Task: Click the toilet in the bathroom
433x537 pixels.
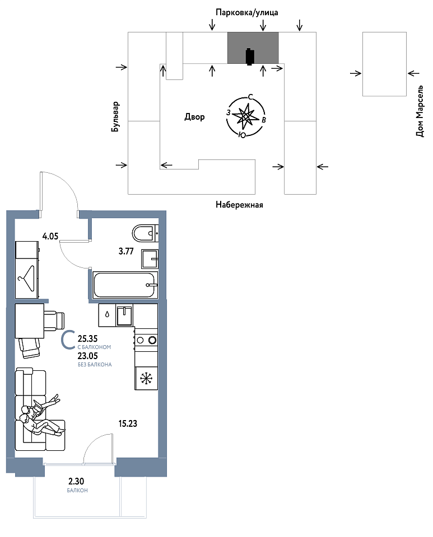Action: [145, 233]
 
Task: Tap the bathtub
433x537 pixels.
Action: [125, 285]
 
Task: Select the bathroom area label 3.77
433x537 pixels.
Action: [126, 251]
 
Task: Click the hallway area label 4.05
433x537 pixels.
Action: [50, 236]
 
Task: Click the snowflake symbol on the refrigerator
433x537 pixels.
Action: [146, 378]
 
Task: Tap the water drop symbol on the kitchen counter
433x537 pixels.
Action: [107, 314]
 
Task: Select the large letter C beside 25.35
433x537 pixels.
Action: [68, 340]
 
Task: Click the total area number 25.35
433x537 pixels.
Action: [88, 339]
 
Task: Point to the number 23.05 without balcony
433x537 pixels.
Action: [88, 356]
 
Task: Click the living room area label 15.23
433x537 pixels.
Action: [128, 423]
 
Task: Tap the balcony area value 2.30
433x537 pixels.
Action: [76, 482]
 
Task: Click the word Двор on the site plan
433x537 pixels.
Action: [194, 117]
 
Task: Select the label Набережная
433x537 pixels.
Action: [239, 205]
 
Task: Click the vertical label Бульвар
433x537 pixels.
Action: [115, 117]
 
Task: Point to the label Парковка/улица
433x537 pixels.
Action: [247, 13]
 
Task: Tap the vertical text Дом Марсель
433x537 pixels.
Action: [420, 111]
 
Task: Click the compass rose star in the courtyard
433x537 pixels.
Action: [245, 116]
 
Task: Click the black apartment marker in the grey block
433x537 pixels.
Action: [250, 56]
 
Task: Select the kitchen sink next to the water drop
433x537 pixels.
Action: [124, 315]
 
